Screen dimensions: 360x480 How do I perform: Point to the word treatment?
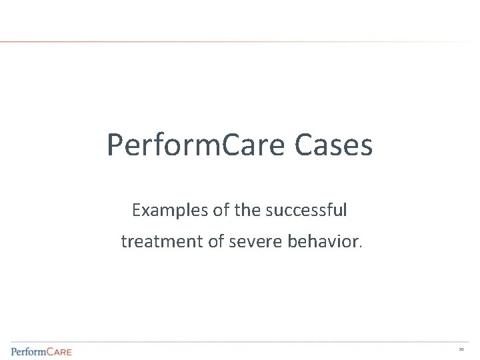coord(162,241)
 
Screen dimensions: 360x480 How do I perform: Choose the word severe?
coord(253,241)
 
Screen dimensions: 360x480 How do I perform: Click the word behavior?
coord(323,241)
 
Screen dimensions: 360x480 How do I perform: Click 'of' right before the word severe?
coord(216,241)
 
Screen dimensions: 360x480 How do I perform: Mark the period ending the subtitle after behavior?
coord(361,246)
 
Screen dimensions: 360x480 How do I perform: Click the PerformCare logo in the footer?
coord(41,351)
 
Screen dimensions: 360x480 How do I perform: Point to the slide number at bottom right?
coord(461,349)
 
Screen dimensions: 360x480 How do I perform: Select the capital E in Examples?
coord(137,211)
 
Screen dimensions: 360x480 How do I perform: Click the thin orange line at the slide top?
coord(200,42)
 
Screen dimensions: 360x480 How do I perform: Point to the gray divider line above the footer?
coord(240,342)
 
